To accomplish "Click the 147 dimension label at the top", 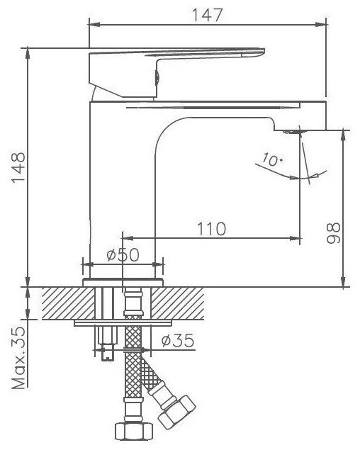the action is click(207, 15).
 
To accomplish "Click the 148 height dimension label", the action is click(18, 167).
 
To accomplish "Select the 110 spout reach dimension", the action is click(212, 229).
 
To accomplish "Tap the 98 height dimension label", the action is click(333, 233).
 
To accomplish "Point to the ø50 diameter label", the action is click(123, 254).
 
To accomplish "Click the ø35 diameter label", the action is click(178, 340).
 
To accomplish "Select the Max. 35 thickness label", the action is click(18, 358).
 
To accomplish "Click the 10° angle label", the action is click(272, 159).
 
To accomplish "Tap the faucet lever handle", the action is click(176, 73).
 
